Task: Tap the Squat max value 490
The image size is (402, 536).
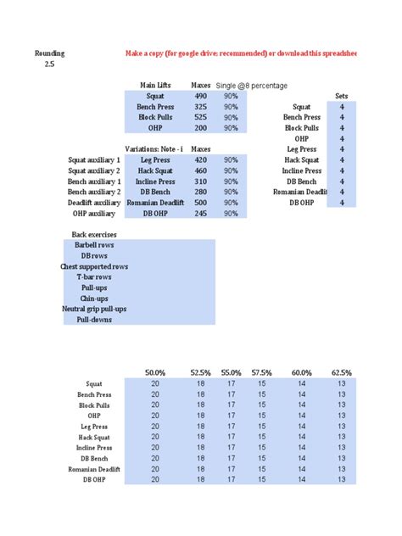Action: (201, 97)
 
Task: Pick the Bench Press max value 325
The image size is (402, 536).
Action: (201, 108)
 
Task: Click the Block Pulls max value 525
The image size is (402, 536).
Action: (201, 118)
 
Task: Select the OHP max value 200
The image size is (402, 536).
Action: (201, 129)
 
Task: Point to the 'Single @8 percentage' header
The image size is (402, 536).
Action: (252, 86)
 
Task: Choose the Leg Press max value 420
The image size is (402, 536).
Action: (201, 159)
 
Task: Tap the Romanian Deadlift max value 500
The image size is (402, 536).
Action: (201, 203)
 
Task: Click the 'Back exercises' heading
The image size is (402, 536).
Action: (89, 234)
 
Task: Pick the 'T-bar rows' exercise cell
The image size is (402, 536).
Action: (94, 277)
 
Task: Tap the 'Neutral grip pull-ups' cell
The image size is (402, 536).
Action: (93, 310)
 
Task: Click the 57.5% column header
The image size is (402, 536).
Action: (262, 373)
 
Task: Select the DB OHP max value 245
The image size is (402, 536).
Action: (201, 214)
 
